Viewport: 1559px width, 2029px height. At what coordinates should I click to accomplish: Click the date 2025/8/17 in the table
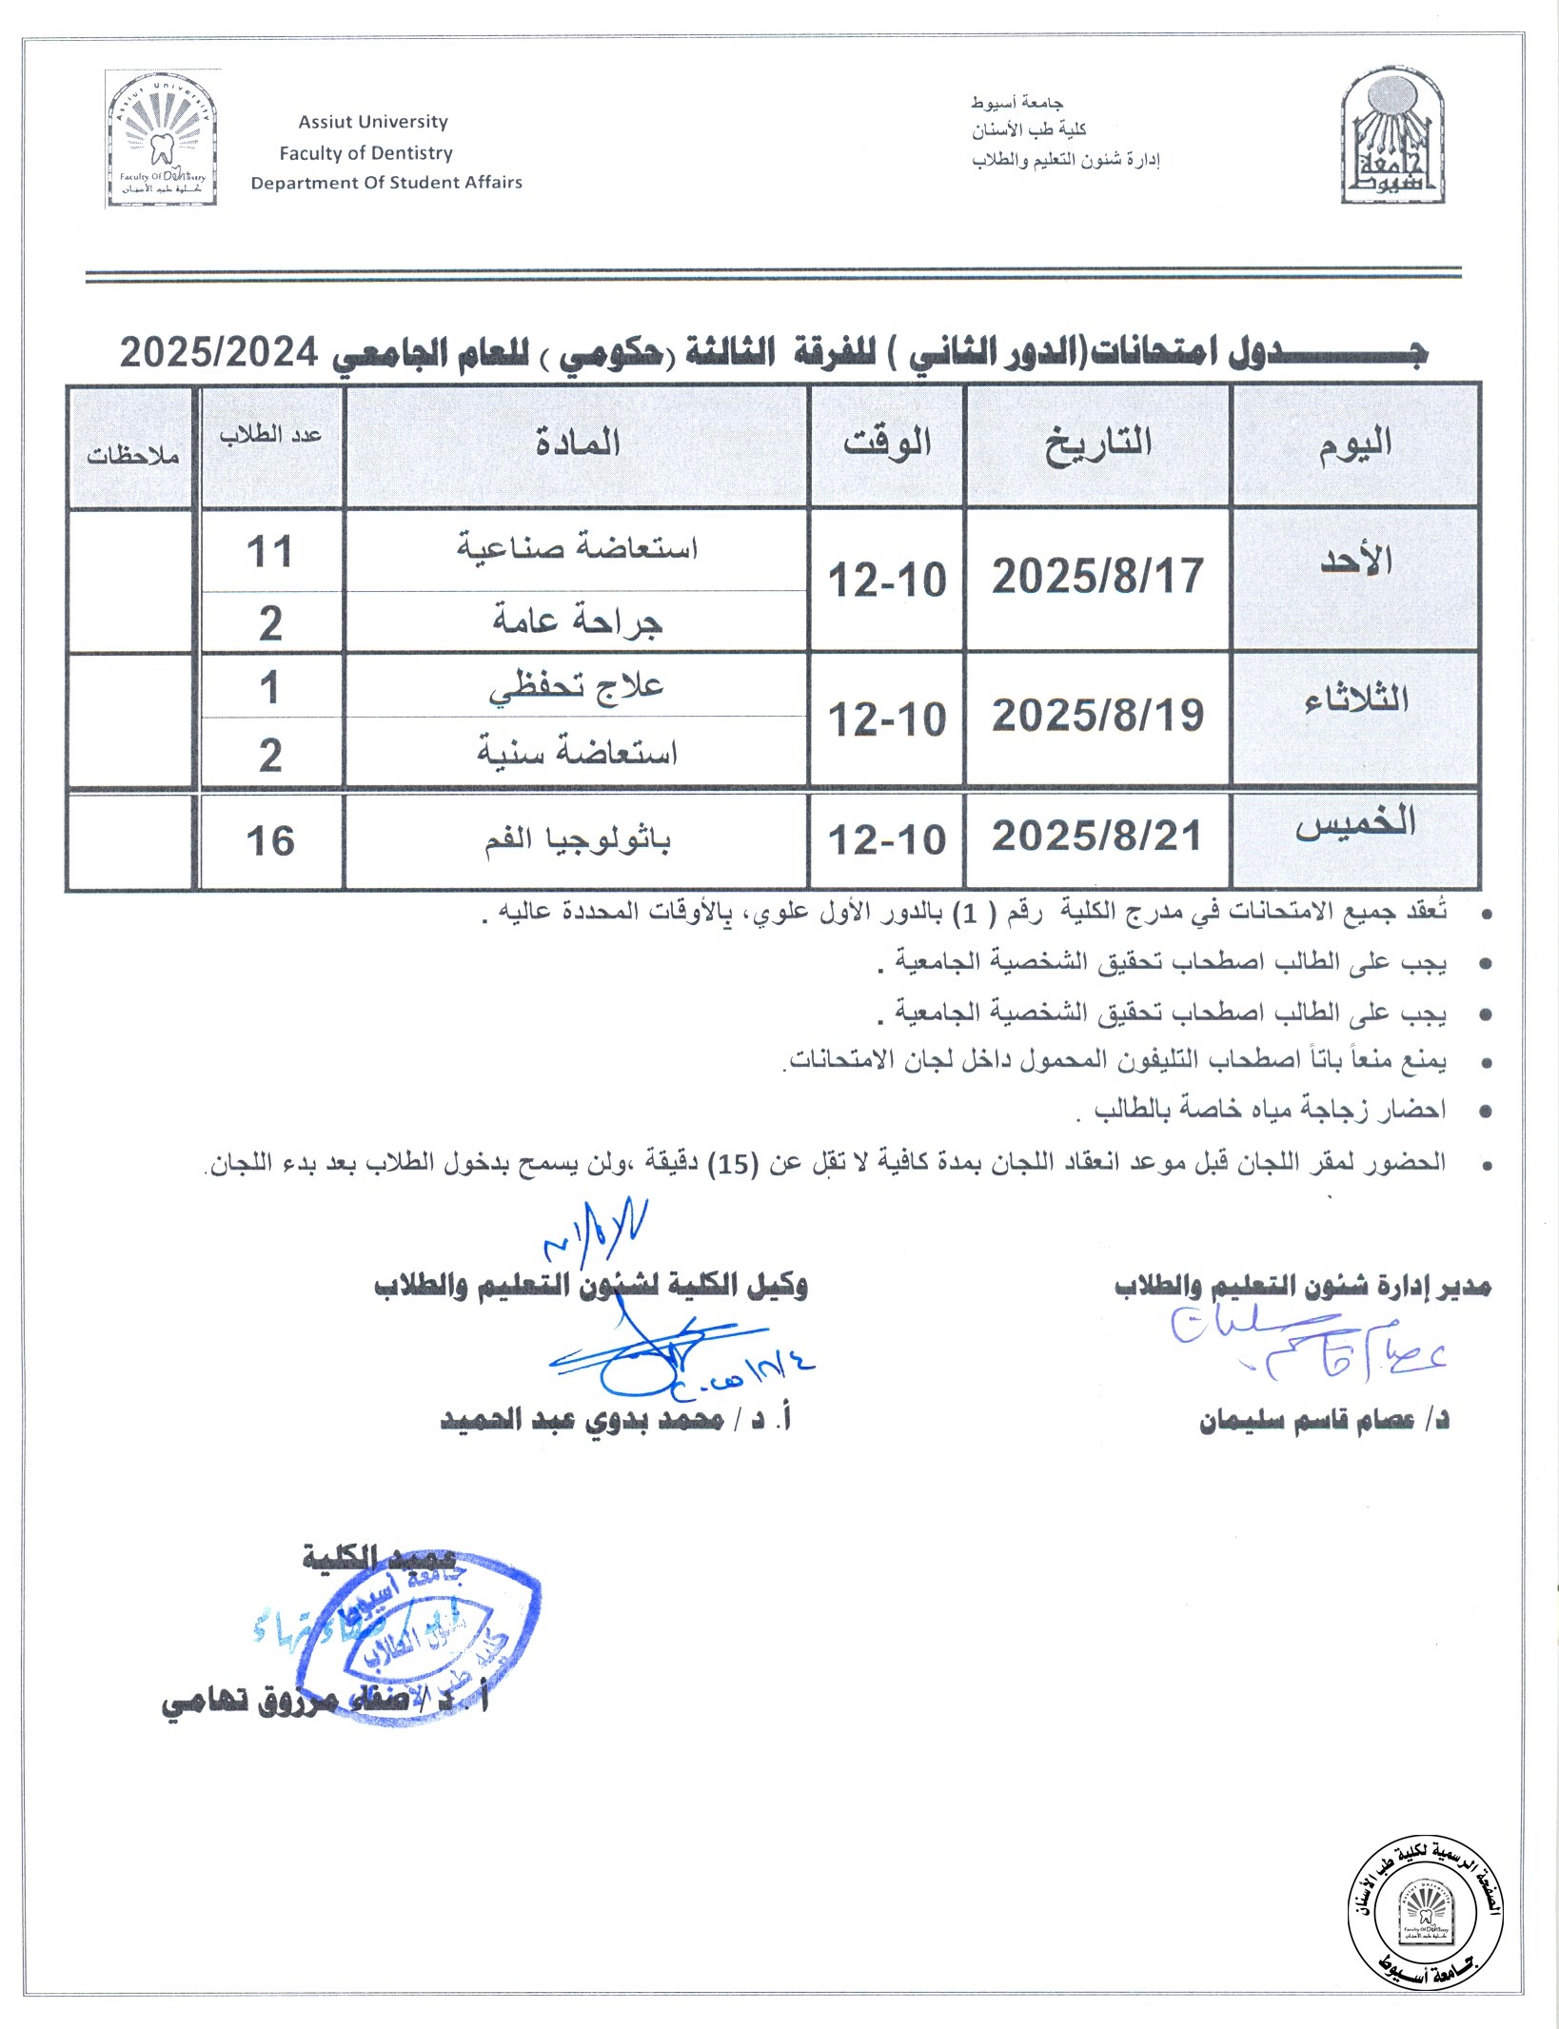1097,577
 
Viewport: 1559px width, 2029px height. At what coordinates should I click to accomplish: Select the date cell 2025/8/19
1097,716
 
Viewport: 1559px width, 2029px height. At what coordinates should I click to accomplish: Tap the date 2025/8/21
1097,837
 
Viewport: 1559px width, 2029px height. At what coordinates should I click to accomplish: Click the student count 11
269,552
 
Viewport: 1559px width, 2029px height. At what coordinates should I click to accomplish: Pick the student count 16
270,841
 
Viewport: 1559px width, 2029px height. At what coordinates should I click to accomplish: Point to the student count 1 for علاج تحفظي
269,687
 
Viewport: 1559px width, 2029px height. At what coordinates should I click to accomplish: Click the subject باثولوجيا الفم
577,839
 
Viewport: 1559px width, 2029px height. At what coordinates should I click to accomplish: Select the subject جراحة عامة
577,621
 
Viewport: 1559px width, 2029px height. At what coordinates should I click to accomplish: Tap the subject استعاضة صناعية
577,547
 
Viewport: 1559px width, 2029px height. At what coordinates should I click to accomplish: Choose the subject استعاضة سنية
577,753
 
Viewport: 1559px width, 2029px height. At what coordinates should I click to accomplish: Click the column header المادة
577,443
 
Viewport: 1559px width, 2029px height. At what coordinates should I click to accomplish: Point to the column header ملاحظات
132,456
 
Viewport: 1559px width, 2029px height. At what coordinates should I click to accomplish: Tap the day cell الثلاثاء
1355,700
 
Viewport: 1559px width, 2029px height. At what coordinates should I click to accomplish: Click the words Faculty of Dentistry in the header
365,153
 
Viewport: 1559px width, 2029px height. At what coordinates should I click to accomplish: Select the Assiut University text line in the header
372,122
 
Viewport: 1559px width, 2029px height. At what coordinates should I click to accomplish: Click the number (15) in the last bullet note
732,1164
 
